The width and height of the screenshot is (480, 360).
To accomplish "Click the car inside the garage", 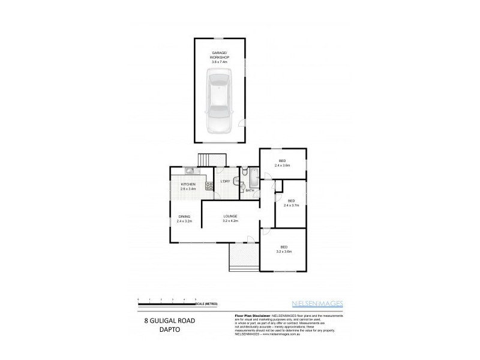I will click(x=220, y=101).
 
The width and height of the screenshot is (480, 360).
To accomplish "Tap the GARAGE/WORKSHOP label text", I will click(x=220, y=54).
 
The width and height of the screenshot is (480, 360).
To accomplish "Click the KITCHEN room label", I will click(x=188, y=185).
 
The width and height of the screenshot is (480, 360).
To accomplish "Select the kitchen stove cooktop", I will click(x=209, y=186).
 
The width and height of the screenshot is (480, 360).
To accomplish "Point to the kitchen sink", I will click(x=188, y=170).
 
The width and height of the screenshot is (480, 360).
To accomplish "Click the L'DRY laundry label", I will click(x=226, y=181).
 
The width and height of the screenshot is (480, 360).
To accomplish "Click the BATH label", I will click(x=249, y=190).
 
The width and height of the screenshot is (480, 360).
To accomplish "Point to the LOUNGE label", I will click(x=231, y=216).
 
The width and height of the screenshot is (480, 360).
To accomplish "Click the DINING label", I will click(x=184, y=217).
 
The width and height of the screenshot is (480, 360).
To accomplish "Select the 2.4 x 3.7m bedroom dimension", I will click(x=291, y=205).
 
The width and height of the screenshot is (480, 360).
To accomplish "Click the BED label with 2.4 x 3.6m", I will click(x=282, y=161).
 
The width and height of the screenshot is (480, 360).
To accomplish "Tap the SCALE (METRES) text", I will click(x=206, y=304).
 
